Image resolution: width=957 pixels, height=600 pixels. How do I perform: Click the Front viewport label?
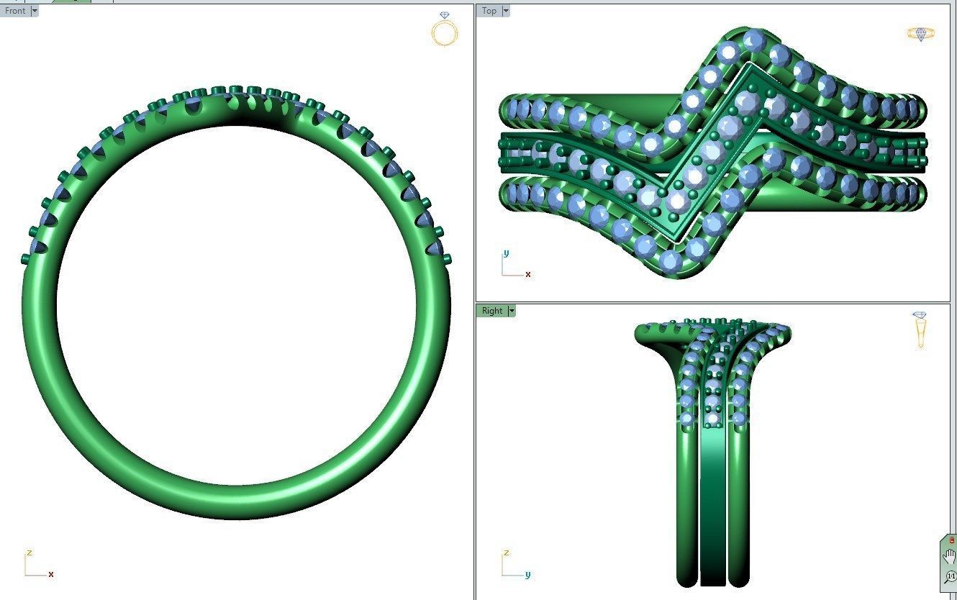tap(15, 11)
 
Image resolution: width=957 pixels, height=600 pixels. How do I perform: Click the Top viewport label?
tap(489, 11)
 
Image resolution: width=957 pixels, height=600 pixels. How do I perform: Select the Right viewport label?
tap(492, 311)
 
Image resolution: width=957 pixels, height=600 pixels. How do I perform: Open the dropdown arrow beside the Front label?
tap(35, 11)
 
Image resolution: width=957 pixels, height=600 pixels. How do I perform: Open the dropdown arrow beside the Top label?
tap(506, 11)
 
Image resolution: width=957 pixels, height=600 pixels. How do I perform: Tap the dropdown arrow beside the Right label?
tap(512, 311)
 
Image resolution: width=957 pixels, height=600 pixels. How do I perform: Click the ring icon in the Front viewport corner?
tap(445, 29)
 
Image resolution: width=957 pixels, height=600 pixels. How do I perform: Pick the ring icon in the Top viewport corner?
tap(921, 33)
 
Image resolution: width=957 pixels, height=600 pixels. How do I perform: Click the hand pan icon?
tap(950, 556)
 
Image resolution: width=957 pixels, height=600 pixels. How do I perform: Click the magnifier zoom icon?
tap(950, 576)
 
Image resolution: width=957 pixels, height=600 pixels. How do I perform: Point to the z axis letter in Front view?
tap(30, 553)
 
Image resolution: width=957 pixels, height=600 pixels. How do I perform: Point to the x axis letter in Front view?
tap(51, 574)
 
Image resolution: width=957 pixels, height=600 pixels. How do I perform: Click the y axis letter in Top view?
tap(507, 253)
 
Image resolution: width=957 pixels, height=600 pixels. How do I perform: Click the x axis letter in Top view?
tap(528, 274)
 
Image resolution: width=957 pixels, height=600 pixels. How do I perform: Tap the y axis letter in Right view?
tap(527, 574)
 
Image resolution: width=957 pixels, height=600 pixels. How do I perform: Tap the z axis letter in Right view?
tap(507, 553)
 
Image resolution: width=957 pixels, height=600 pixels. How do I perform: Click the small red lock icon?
tap(951, 540)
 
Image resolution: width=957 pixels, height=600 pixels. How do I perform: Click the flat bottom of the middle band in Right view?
tap(713, 583)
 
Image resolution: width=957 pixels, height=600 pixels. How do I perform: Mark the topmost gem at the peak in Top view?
tap(753, 39)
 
